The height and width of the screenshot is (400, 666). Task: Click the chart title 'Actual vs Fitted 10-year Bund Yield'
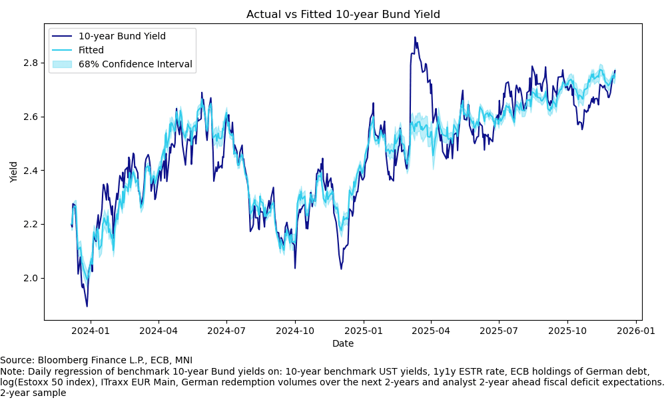click(343, 15)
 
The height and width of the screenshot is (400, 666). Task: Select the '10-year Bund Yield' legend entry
click(122, 36)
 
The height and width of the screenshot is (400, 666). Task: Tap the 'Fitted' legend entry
click(91, 50)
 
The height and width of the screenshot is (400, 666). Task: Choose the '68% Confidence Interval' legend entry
click(135, 65)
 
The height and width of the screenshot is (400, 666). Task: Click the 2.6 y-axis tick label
click(31, 117)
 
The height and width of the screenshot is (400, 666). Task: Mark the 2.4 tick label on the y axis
click(31, 171)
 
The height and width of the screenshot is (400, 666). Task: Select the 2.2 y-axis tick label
click(31, 224)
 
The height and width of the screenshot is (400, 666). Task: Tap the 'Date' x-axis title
click(343, 344)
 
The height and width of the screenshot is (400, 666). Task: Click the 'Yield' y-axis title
click(14, 172)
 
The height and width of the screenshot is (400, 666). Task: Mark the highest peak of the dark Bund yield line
click(415, 37)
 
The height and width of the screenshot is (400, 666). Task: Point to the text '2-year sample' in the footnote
click(33, 393)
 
